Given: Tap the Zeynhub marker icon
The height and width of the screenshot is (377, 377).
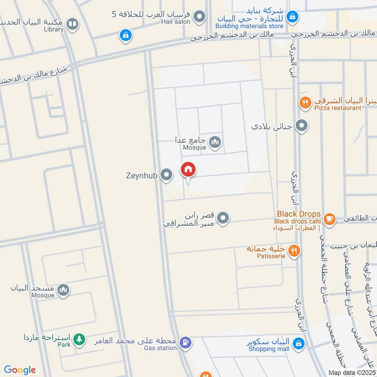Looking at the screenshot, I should click(166, 175).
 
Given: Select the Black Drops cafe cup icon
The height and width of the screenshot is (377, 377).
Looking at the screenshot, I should click(329, 218).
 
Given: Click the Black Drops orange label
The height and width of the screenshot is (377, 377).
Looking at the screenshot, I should click(299, 214).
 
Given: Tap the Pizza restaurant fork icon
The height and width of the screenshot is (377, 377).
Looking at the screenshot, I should click(305, 102).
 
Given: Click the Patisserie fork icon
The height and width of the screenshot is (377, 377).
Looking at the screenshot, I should click(294, 251).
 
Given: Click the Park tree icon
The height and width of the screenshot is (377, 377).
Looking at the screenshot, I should click(80, 339).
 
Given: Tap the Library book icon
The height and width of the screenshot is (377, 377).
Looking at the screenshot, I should click(72, 24).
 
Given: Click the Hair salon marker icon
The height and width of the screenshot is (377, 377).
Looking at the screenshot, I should click(200, 16).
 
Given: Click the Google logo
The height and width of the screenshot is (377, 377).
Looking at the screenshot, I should click(20, 370).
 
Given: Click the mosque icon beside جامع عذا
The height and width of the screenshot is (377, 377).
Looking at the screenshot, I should click(215, 141).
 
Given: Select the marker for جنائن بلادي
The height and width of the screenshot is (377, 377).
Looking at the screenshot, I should click(302, 126).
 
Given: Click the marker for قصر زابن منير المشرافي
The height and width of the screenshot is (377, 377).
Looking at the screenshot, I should click(223, 218).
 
